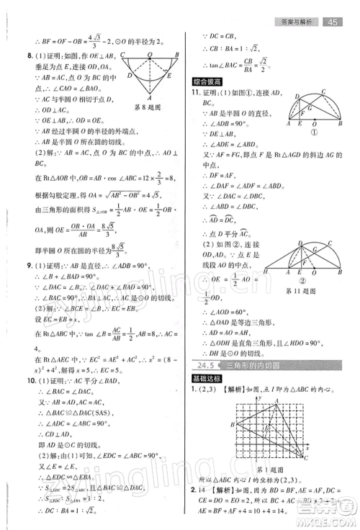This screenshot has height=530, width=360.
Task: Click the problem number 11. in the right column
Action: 196,93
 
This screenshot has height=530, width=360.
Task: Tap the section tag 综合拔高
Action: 207,79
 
